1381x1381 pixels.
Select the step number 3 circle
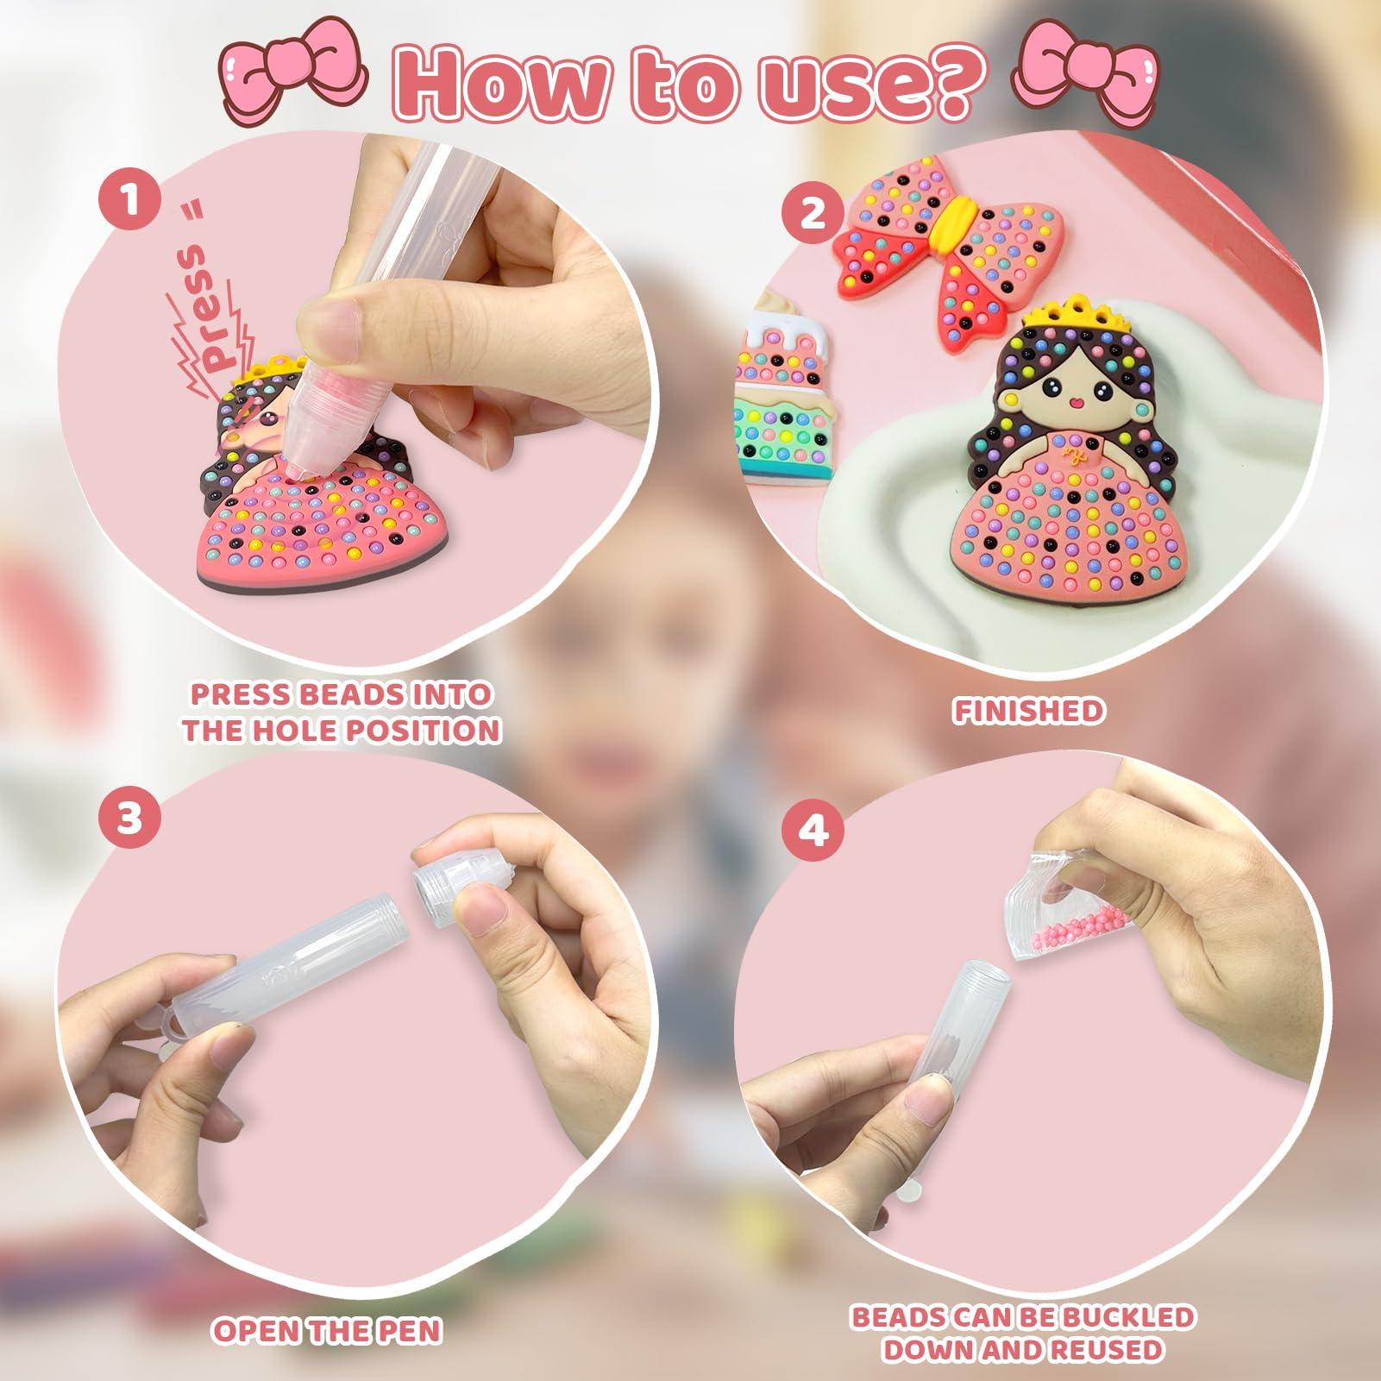129,817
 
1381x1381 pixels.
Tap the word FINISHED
1028,711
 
